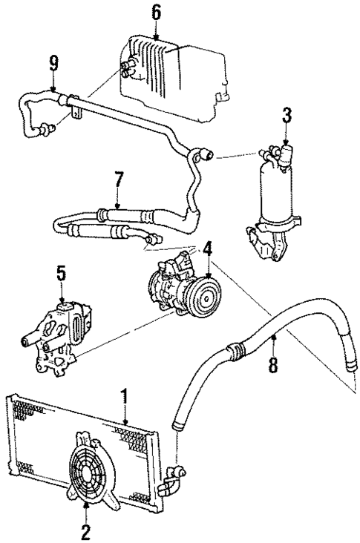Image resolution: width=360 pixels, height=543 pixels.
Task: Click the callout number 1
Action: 125,398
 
